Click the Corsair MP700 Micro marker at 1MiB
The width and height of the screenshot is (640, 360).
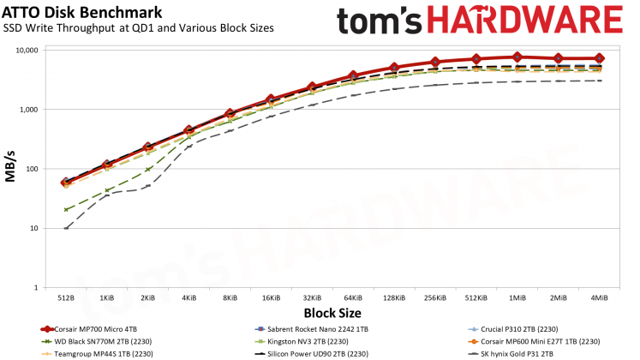517,57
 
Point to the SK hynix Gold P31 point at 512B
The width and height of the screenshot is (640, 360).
66,228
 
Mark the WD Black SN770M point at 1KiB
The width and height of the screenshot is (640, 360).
107,190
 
